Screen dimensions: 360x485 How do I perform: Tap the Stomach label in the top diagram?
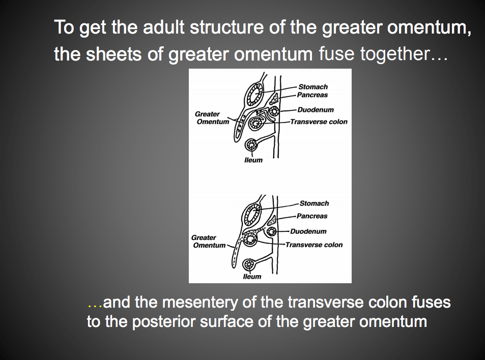click(x=313, y=87)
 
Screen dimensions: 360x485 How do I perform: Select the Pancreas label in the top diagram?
click(x=313, y=95)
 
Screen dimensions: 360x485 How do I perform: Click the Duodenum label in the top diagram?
click(x=316, y=109)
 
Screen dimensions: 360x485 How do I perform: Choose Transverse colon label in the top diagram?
click(x=319, y=122)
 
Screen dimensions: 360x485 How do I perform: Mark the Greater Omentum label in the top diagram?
click(x=211, y=118)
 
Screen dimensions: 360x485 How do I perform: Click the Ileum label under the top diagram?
click(x=253, y=160)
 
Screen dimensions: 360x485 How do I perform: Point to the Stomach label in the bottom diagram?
click(x=314, y=203)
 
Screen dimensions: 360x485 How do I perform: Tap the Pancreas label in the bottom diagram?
click(x=312, y=216)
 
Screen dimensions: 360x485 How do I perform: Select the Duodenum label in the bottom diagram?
click(x=312, y=231)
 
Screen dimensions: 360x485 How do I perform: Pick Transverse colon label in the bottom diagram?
click(x=314, y=245)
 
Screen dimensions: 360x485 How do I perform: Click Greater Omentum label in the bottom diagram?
click(x=207, y=242)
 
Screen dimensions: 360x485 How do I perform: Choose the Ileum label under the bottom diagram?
click(x=252, y=277)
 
